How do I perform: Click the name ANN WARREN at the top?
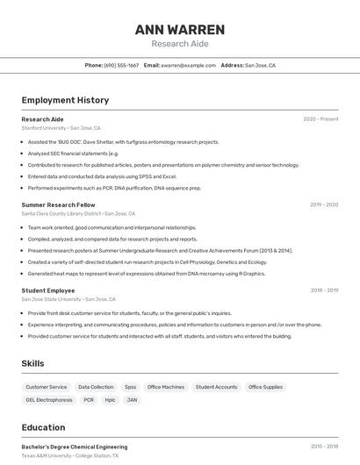coord(180,30)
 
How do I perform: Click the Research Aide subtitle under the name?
coord(180,44)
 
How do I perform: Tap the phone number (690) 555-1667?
coord(121,66)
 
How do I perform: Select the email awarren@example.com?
coord(188,66)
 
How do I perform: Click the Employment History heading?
coord(65,100)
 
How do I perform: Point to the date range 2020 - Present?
coord(320,119)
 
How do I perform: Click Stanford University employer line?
coord(61,128)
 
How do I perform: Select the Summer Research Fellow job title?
coord(58,204)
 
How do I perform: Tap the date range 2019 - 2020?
coord(324,204)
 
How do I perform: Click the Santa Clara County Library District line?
coord(78,213)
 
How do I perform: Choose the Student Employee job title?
coord(48,290)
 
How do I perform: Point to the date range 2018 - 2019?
coord(324,290)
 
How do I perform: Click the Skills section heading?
coord(32,363)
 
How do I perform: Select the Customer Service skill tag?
coord(46,387)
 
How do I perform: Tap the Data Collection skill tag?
coord(96,387)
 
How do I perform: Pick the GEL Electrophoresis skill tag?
coord(49,400)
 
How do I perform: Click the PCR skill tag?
coord(89,400)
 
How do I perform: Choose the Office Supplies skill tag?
coord(265,387)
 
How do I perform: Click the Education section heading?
coord(43,428)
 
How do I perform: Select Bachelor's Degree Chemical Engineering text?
coord(74,447)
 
